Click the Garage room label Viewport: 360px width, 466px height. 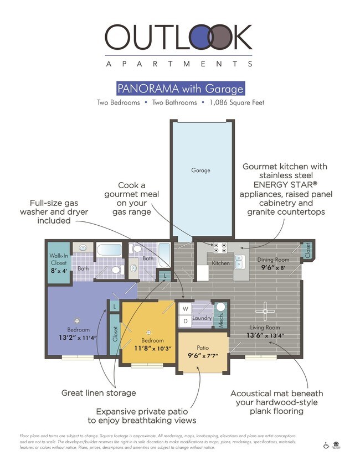tap(200, 170)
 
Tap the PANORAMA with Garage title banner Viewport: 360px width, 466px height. tap(180, 89)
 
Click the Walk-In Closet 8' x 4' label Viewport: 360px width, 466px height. tap(58, 263)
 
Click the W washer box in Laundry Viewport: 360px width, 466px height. tap(185, 309)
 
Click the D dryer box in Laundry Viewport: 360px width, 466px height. tap(185, 321)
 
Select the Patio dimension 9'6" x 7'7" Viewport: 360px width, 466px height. tap(203, 356)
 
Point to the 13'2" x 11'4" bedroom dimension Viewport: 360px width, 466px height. tap(78, 338)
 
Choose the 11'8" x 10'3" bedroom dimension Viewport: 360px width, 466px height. tap(152, 348)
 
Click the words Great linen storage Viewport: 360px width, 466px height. tap(98, 393)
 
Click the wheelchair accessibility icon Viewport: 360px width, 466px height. tap(326, 446)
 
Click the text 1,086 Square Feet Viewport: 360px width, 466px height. tap(235, 103)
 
